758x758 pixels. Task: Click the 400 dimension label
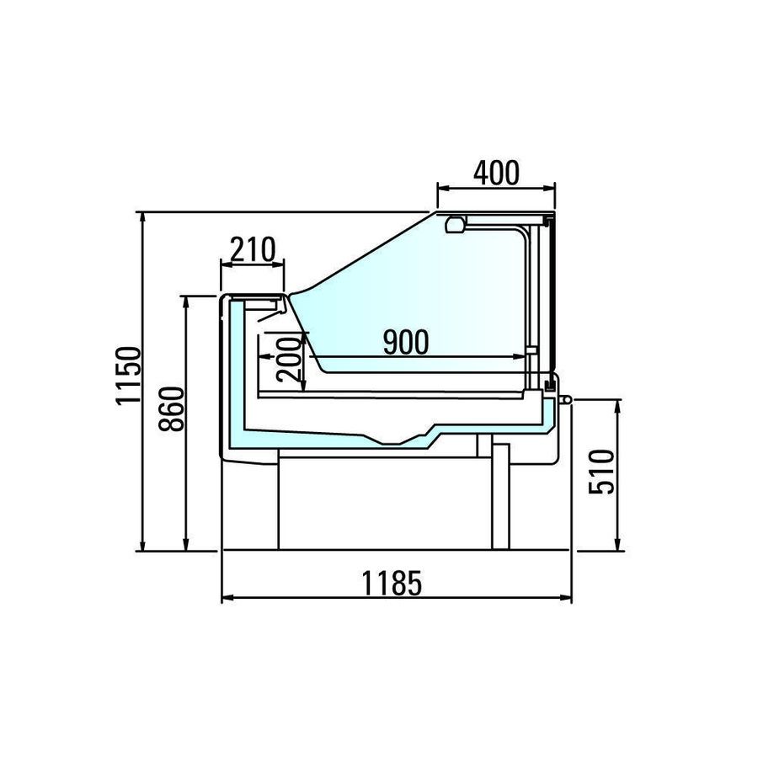(x=496, y=173)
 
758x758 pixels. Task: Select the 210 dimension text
(x=253, y=249)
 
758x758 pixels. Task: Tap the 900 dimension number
(x=406, y=342)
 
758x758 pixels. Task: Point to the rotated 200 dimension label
(x=289, y=359)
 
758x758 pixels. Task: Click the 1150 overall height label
(x=129, y=375)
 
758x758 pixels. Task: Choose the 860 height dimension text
(x=172, y=409)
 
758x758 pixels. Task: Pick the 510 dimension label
(x=602, y=472)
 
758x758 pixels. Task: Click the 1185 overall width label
(x=392, y=583)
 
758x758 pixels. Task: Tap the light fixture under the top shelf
(x=456, y=225)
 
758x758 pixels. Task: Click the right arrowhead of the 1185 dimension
(x=566, y=598)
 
